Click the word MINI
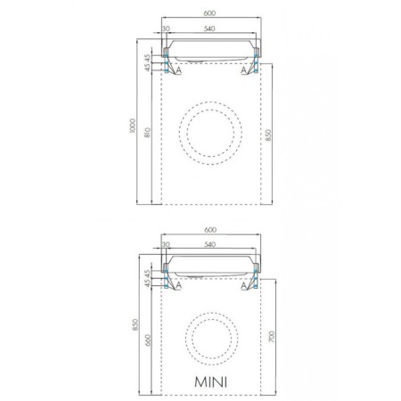click(x=210, y=381)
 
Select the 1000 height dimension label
click(x=133, y=126)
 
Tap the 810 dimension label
click(x=148, y=133)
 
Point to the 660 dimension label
click(x=148, y=340)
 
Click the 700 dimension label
click(x=272, y=336)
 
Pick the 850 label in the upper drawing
click(x=268, y=135)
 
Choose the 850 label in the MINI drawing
click(x=135, y=324)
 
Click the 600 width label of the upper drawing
click(x=209, y=13)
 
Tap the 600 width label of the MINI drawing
click(x=210, y=230)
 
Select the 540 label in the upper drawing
click(x=209, y=29)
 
